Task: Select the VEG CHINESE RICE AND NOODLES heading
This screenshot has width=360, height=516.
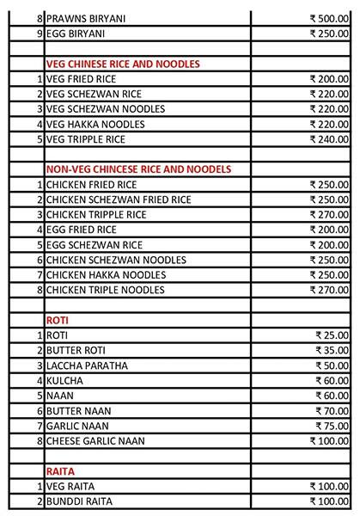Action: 122,64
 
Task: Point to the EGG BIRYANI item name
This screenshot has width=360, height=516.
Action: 75,34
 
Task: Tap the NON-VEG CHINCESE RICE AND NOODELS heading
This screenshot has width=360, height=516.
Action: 143,168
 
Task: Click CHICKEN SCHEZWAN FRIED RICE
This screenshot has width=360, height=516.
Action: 119,199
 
